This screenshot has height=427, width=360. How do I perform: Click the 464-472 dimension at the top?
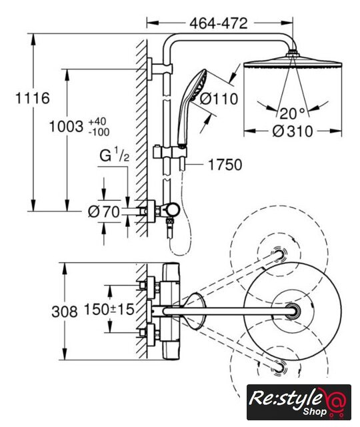[219, 23]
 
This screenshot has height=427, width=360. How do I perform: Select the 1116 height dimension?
[33, 98]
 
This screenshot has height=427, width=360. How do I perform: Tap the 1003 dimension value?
[66, 127]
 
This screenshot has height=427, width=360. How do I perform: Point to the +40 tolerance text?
[97, 121]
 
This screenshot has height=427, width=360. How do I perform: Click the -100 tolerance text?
[99, 132]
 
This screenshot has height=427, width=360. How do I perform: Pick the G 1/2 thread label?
[114, 155]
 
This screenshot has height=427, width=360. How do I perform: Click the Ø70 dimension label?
[104, 211]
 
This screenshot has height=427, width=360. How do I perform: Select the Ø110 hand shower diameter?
[219, 99]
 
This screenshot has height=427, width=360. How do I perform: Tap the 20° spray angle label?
[292, 113]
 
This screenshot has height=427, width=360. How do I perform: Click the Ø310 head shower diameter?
[293, 131]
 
